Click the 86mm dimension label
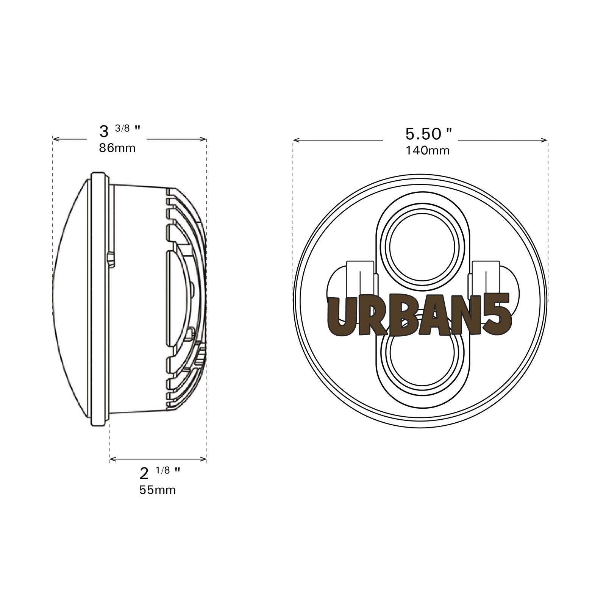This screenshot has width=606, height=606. click(x=117, y=148)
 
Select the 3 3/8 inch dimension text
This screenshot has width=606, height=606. click(x=120, y=131)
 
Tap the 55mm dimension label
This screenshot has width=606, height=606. click(x=158, y=490)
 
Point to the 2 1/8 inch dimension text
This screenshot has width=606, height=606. click(x=160, y=473)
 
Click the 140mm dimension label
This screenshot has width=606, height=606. click(x=428, y=151)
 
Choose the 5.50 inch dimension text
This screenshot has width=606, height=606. click(x=428, y=134)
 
